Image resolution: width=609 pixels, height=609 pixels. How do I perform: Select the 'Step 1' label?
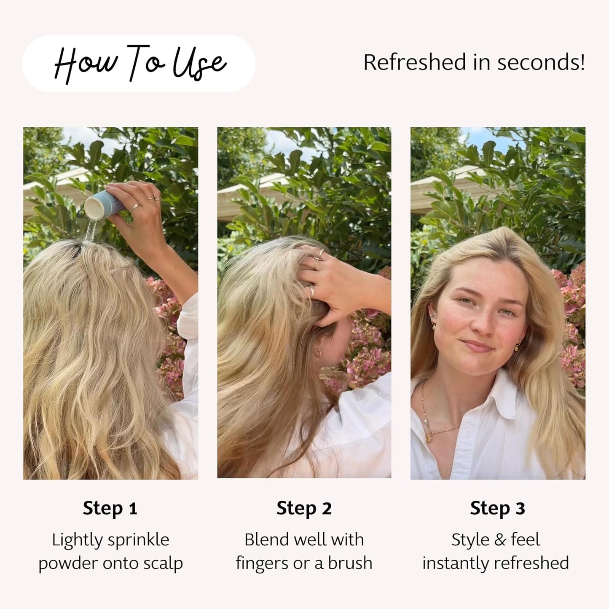click(x=110, y=508)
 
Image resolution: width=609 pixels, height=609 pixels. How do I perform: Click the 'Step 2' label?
click(x=304, y=508)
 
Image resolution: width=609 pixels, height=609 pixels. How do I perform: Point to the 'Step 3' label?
click(x=497, y=508)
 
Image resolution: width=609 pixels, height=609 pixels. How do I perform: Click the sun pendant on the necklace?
click(x=429, y=438)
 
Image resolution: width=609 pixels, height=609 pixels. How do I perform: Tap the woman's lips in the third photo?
click(x=477, y=346)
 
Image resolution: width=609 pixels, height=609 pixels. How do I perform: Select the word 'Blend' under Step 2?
click(x=266, y=540)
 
